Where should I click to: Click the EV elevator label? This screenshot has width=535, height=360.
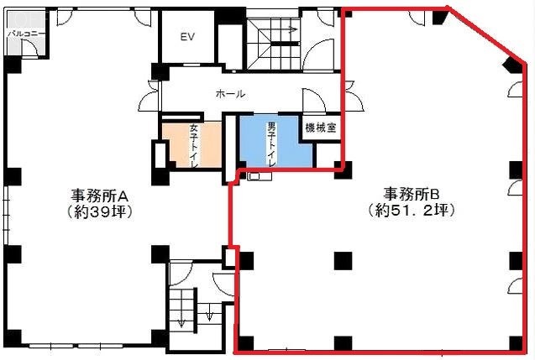(187, 37)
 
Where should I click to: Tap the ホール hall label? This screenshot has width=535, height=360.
(230, 95)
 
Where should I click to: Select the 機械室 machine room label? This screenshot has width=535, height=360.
(320, 128)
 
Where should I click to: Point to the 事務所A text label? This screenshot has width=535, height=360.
(99, 195)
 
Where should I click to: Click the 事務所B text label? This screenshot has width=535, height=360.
(412, 193)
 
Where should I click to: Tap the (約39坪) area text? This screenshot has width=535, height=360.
(99, 211)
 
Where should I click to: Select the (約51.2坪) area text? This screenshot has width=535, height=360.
(412, 211)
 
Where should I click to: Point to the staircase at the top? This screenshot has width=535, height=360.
(274, 38)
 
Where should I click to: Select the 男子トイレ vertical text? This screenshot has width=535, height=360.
(271, 144)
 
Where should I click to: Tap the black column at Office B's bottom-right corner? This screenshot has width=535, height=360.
(515, 342)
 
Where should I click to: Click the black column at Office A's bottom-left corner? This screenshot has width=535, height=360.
(12, 341)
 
